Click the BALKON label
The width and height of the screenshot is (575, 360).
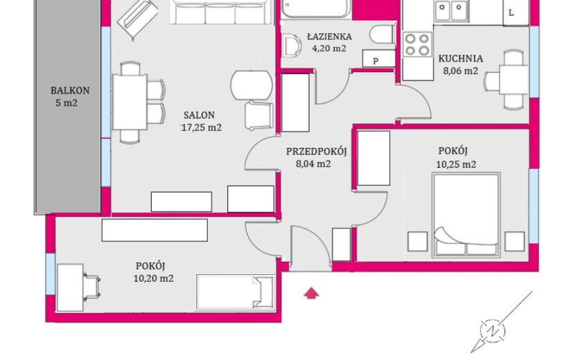[x=70, y=90]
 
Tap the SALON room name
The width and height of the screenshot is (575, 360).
[x=199, y=115]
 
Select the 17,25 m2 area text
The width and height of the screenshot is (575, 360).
[x=202, y=127]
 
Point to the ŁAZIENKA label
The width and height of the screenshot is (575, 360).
[x=329, y=36]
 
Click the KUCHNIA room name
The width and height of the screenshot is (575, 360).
[x=461, y=59]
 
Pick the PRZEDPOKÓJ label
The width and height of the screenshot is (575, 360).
[x=317, y=151]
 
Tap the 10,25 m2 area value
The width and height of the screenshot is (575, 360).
[x=456, y=164]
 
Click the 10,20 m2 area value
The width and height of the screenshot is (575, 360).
[x=153, y=278]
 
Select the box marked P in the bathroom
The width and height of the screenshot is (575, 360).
[x=379, y=59]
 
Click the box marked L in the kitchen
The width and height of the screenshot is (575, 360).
[x=515, y=13]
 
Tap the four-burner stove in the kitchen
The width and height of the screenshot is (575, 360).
[x=418, y=44]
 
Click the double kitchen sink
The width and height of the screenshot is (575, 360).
[x=451, y=10]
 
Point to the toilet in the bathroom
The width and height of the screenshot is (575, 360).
[x=383, y=35]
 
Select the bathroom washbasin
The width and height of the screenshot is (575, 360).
[x=292, y=46]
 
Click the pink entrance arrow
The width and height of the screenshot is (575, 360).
[x=311, y=293]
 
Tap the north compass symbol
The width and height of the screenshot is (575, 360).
[x=493, y=331]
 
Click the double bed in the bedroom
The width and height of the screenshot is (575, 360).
[x=466, y=215]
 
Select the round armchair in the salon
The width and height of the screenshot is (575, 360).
[x=251, y=85]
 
